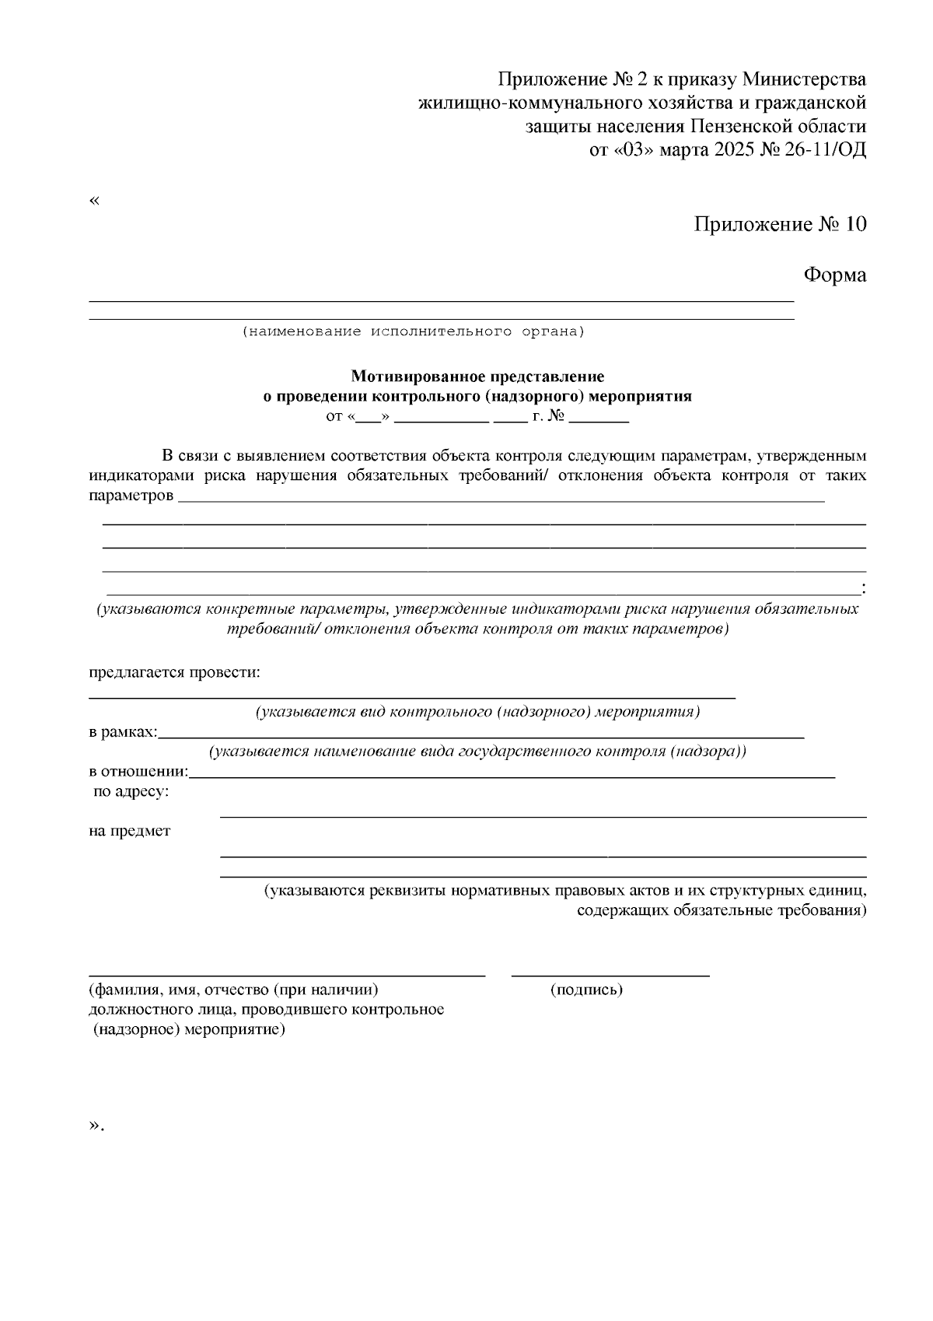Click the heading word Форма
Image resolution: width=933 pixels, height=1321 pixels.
click(834, 275)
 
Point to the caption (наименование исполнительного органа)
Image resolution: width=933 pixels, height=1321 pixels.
click(413, 331)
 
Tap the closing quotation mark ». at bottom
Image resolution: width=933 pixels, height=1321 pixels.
click(96, 1125)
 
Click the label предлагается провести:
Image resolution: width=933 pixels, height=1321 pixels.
click(174, 672)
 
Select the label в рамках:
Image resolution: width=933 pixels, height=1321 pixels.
click(123, 732)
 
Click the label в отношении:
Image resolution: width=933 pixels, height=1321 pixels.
click(138, 772)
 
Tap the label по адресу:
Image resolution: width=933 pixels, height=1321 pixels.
click(131, 792)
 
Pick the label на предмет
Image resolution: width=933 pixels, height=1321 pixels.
click(130, 831)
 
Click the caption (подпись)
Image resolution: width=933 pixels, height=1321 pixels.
click(586, 990)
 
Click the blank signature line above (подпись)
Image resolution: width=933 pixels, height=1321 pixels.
click(610, 974)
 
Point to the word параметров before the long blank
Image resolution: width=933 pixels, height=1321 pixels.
click(131, 496)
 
